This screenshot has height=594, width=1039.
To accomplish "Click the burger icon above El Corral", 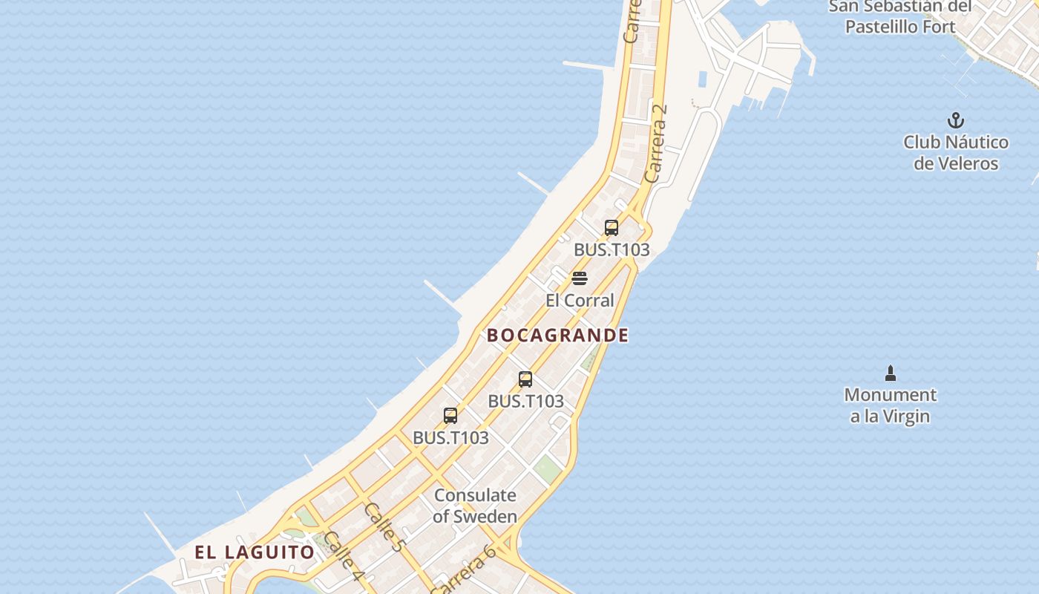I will pyautogui.click(x=580, y=279).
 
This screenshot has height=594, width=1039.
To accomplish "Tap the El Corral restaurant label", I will pyautogui.click(x=580, y=301).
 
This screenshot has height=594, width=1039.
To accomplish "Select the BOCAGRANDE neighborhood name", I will pyautogui.click(x=557, y=336).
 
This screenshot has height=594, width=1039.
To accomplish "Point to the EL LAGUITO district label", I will pyautogui.click(x=255, y=552).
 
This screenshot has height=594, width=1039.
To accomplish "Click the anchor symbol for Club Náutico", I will pyautogui.click(x=955, y=120).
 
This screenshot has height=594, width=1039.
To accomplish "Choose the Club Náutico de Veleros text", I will pyautogui.click(x=956, y=153).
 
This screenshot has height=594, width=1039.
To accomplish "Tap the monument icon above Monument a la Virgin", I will pyautogui.click(x=891, y=373).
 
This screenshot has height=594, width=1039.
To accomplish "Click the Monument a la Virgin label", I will pyautogui.click(x=891, y=405).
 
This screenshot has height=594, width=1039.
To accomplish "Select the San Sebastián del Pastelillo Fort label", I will pyautogui.click(x=900, y=17).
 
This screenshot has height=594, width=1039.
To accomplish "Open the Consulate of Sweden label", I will pyautogui.click(x=475, y=506).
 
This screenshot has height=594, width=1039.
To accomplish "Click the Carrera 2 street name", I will pyautogui.click(x=656, y=143).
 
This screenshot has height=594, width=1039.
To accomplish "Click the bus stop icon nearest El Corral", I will pyautogui.click(x=612, y=228).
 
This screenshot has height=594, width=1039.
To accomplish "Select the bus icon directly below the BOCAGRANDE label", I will pyautogui.click(x=525, y=379).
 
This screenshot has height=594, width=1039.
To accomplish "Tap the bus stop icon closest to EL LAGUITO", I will pyautogui.click(x=450, y=416).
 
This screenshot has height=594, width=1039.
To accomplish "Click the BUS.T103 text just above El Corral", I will pyautogui.click(x=612, y=250).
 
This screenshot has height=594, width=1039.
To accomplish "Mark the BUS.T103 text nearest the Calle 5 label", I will pyautogui.click(x=450, y=438).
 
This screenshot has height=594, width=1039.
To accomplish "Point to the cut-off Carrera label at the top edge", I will pyautogui.click(x=632, y=22).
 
